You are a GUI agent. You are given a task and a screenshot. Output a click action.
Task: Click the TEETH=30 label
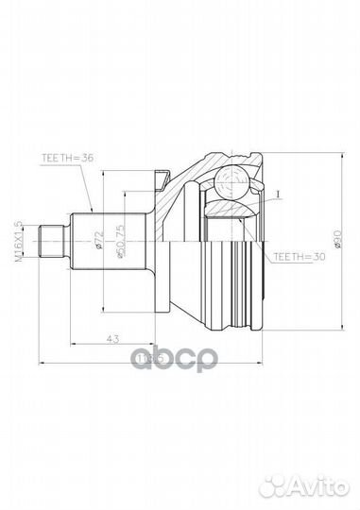coord(296,255)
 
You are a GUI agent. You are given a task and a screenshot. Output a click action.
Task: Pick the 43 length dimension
coord(113,337)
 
